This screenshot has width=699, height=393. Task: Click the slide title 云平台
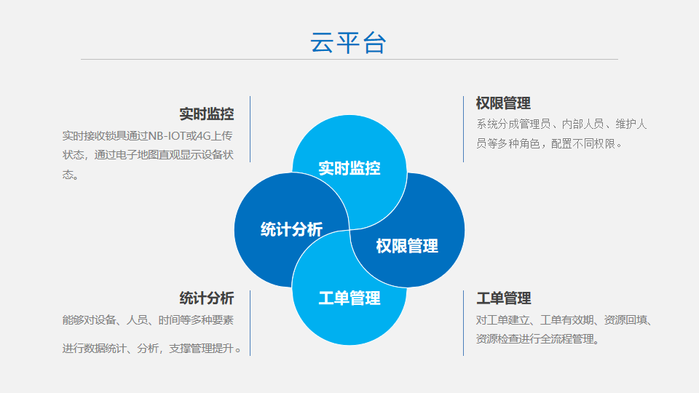[348, 43]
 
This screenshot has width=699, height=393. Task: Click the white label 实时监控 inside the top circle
[349, 168]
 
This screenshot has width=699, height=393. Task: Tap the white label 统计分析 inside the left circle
[291, 229]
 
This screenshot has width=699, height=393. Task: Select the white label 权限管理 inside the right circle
[407, 245]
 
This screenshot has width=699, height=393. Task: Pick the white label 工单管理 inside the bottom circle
[349, 298]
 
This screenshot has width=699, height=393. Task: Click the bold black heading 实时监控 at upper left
[206, 114]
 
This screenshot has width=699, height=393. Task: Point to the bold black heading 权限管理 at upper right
[503, 103]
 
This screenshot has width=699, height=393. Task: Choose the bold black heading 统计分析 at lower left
[206, 298]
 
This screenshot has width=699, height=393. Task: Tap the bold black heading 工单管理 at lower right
[503, 298]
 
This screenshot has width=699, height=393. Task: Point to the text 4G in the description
[204, 135]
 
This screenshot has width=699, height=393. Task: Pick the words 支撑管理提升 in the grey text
[202, 349]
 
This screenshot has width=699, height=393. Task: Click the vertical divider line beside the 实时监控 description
[250, 130]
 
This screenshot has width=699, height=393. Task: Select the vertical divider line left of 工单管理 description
[464, 323]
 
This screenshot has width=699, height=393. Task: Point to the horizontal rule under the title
[349, 59]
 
